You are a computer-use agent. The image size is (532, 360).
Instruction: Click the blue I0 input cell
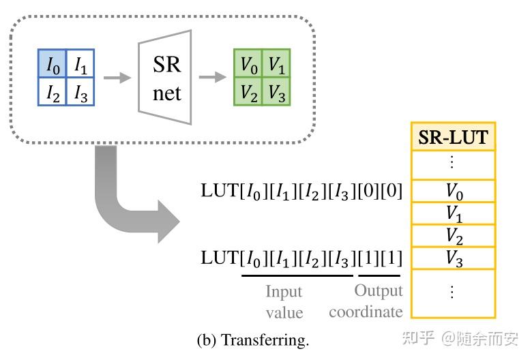pyautogui.click(x=52, y=65)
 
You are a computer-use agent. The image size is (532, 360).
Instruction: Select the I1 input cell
pyautogui.click(x=80, y=65)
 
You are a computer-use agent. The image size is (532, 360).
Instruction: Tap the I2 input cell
pyautogui.click(x=52, y=93)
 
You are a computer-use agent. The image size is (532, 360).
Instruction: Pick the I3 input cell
pyautogui.click(x=80, y=93)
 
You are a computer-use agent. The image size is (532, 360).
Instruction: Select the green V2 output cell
pyautogui.click(x=248, y=92)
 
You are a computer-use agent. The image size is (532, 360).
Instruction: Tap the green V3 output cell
pyautogui.click(x=276, y=92)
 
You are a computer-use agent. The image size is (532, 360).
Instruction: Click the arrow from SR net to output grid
pyautogui.click(x=212, y=78)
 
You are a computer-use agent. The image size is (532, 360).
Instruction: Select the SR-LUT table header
pyautogui.click(x=454, y=137)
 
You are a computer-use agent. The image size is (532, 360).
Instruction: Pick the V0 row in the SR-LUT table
pyautogui.click(x=454, y=192)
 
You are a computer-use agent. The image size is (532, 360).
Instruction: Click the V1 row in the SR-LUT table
pyautogui.click(x=454, y=213)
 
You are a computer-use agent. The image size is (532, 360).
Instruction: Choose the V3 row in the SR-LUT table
pyautogui.click(x=454, y=258)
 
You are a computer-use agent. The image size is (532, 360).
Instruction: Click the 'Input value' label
pyautogui.click(x=284, y=301)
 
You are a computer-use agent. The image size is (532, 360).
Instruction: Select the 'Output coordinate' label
pyautogui.click(x=367, y=301)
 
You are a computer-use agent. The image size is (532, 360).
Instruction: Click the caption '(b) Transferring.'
pyautogui.click(x=252, y=340)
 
